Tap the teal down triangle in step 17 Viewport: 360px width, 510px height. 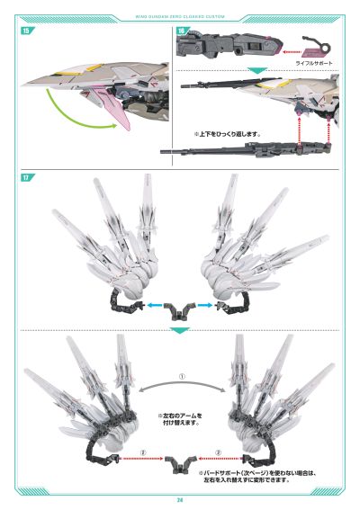click(180, 331)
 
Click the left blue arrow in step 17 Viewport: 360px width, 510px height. click(154, 306)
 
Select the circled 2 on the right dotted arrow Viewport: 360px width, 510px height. click(220, 452)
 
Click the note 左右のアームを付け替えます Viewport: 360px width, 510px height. click(180, 420)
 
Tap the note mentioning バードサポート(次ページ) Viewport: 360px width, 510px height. click(243, 476)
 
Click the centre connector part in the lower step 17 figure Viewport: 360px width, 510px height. click(180, 461)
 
